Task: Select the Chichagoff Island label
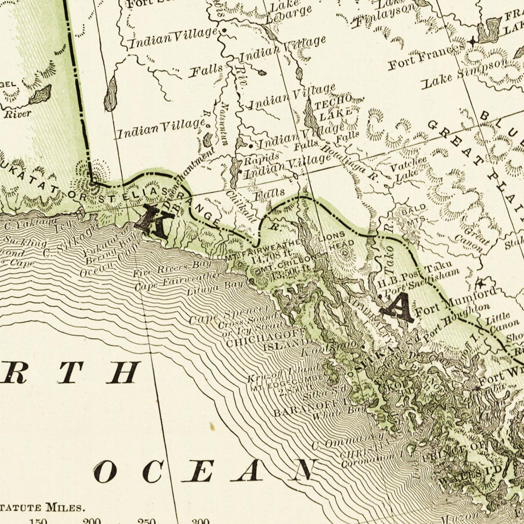[x=267, y=338]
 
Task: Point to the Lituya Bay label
[x=215, y=287]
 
